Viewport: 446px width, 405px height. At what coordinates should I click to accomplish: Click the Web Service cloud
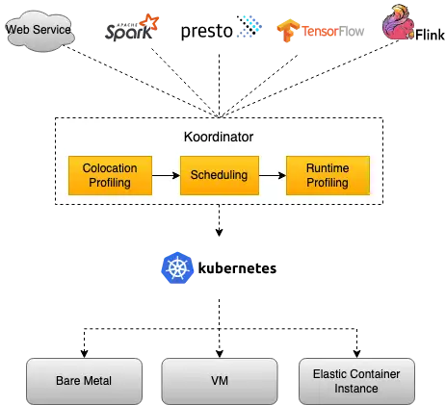point(39,31)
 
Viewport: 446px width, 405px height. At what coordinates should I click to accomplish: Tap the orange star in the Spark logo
point(149,23)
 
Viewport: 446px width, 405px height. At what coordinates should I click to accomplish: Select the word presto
point(207,32)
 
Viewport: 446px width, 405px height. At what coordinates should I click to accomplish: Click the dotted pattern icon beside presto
point(249,26)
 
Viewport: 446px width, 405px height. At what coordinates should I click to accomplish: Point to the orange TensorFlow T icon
point(287,31)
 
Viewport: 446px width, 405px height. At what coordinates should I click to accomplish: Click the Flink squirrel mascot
point(398,22)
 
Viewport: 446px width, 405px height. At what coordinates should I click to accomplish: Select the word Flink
point(430,35)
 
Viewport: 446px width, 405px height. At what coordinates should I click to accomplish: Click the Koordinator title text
point(219,137)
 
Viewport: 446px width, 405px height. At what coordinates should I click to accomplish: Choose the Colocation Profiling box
point(110,175)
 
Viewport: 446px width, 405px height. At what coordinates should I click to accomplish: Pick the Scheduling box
point(220,175)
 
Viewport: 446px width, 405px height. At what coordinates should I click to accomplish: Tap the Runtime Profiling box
point(328,175)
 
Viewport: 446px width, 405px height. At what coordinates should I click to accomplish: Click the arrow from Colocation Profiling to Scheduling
point(166,175)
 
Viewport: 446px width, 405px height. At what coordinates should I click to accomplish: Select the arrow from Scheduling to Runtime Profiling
point(273,175)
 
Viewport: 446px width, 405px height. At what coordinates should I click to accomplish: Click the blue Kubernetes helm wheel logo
point(177,267)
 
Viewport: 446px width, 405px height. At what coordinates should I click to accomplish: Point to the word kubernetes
point(237,268)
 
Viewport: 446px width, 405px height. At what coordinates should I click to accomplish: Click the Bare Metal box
point(84,381)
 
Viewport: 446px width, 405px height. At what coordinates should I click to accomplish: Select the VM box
point(220,381)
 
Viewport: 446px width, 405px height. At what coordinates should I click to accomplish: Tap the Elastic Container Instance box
point(356,381)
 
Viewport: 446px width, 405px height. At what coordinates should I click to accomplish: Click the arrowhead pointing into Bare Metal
point(84,354)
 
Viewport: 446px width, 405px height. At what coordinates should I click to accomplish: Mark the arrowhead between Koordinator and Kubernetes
point(219,232)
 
